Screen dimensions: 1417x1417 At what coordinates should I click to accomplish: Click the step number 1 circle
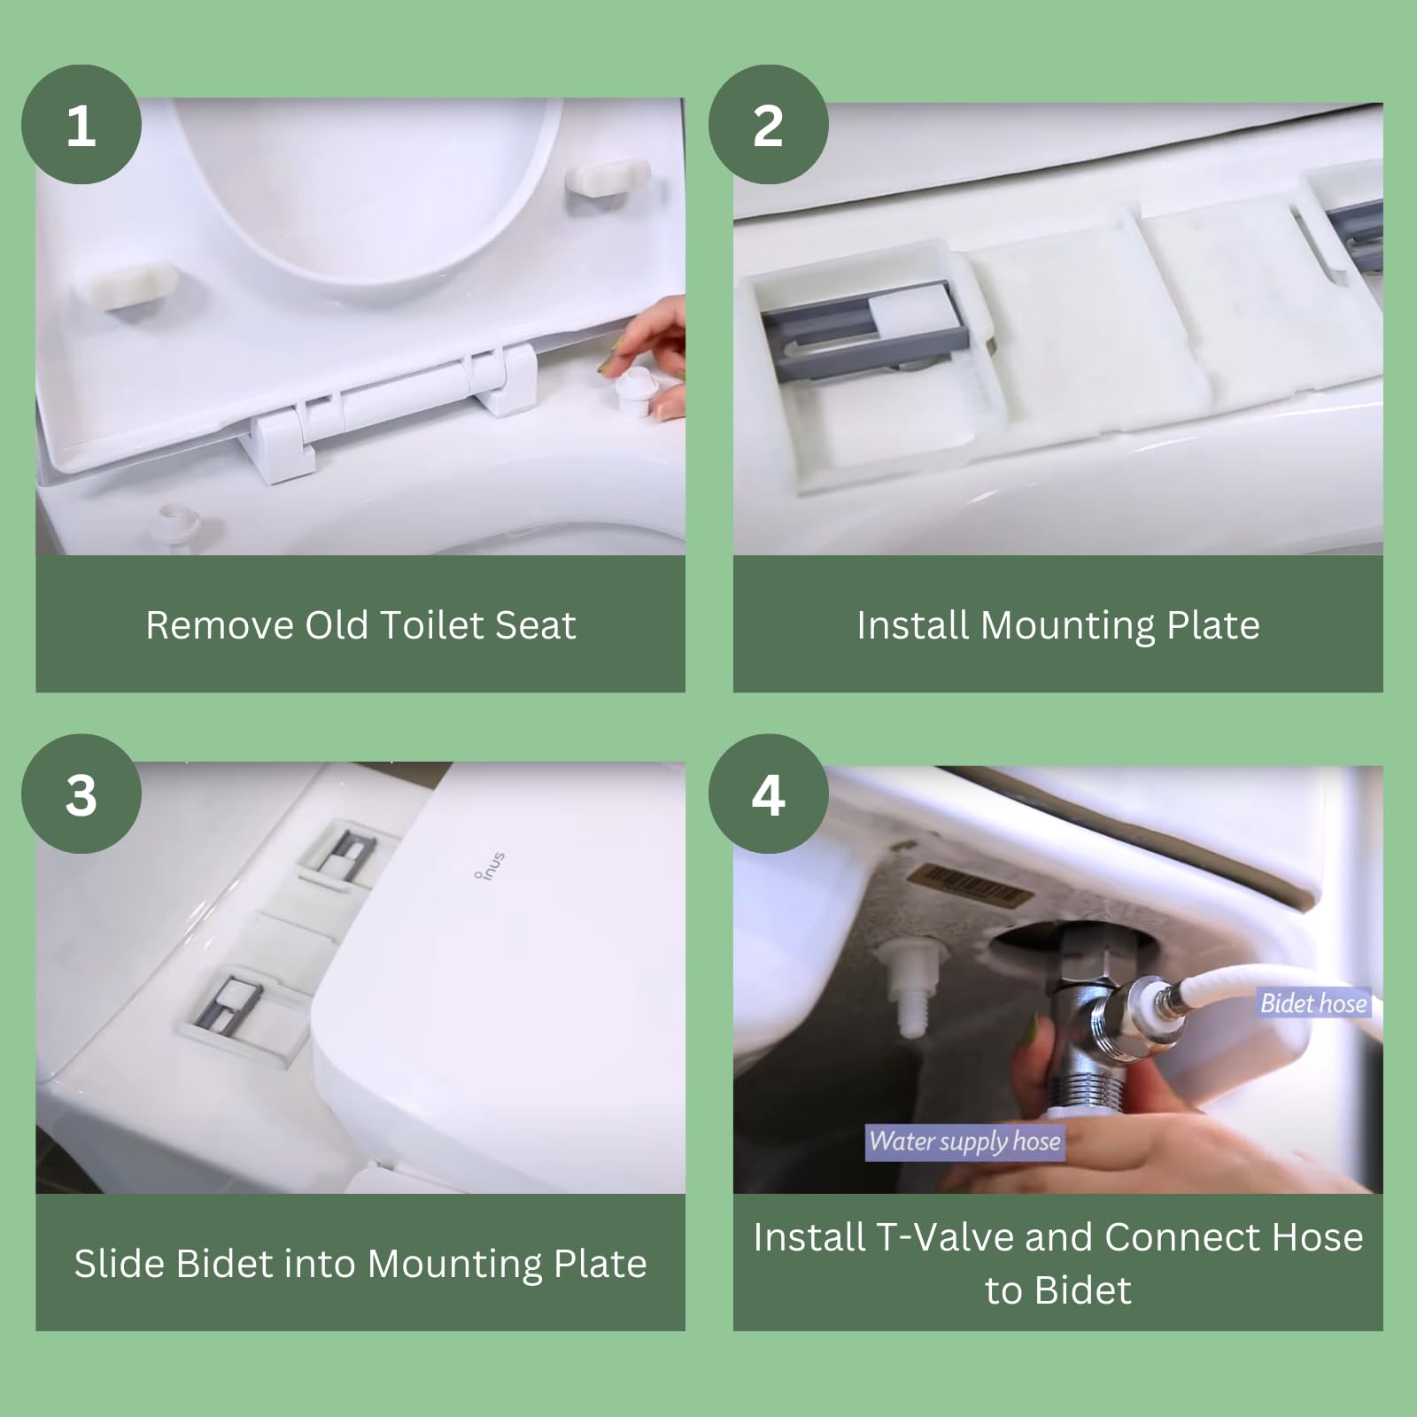81,125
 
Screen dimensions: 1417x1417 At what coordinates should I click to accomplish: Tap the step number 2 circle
768,125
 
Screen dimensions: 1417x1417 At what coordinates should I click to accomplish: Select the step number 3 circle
81,794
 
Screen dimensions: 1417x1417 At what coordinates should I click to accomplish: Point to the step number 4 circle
768,794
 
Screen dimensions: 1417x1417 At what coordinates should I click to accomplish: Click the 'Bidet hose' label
1313,1003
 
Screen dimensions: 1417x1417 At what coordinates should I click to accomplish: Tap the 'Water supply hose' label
964,1141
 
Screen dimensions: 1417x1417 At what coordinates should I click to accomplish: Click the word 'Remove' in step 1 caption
220,625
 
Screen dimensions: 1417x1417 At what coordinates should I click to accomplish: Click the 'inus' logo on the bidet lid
490,864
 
